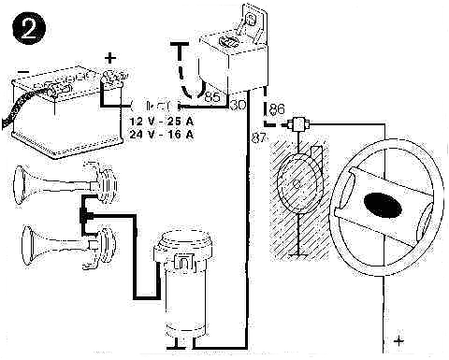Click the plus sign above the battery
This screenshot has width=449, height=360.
[x=109, y=58]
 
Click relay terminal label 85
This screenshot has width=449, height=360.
[x=211, y=96]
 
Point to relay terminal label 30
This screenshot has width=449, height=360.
[x=237, y=105]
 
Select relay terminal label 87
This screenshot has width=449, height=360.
[x=260, y=138]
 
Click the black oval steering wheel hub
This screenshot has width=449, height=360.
[x=384, y=203]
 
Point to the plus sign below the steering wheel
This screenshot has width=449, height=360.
[x=399, y=341]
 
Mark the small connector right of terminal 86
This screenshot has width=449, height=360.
[x=300, y=122]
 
